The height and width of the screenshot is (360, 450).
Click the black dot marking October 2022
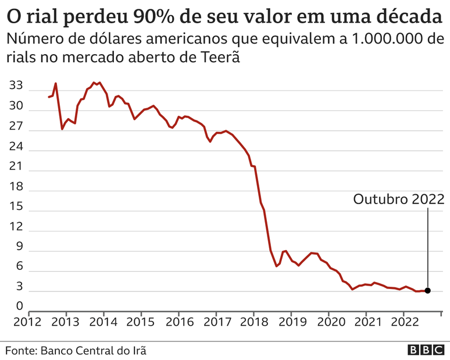pos(428,291)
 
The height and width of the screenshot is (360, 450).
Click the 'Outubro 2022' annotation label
pos(399,199)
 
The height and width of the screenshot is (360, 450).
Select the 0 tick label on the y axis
pos(19,306)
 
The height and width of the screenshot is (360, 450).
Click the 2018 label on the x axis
pos(253,322)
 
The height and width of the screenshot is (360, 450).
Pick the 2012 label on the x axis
pos(28,322)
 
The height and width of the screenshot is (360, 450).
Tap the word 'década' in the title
pos(409,15)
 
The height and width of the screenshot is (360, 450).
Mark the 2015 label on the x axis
pos(141,322)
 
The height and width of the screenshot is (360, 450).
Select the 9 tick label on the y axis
pos(19,247)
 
